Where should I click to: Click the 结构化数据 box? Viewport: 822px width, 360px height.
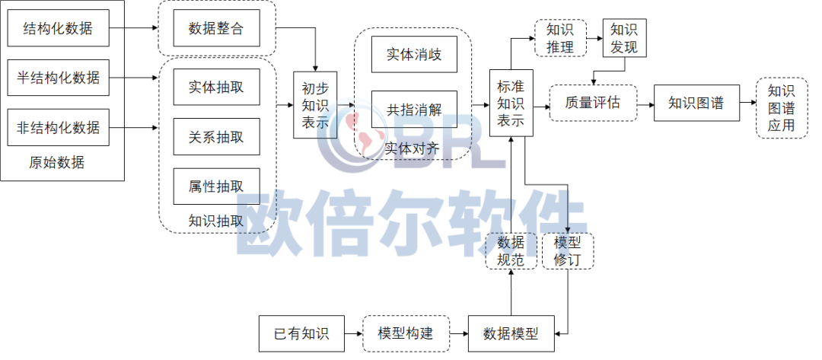click(58, 27)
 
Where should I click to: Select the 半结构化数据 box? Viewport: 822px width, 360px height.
click(58, 78)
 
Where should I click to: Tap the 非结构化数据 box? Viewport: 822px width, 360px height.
click(58, 127)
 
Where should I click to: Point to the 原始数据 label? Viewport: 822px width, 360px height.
click(56, 162)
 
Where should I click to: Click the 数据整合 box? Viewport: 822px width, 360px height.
click(216, 27)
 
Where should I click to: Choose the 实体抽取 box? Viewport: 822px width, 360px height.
click(216, 87)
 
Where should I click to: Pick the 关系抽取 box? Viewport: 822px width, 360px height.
click(216, 137)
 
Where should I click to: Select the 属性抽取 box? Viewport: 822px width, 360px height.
click(216, 186)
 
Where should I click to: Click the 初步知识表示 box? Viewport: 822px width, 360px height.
click(315, 105)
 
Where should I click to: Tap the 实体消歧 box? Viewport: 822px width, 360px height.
click(414, 54)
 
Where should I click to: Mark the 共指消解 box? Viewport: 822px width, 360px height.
click(414, 110)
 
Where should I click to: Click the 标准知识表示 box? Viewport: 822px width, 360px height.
click(511, 104)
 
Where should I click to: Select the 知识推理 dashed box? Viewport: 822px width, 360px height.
click(560, 38)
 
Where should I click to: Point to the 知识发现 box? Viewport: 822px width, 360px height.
click(624, 38)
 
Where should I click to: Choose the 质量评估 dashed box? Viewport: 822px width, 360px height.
click(593, 103)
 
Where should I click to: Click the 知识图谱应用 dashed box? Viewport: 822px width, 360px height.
click(782, 109)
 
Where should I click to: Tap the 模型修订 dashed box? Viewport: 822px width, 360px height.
click(569, 251)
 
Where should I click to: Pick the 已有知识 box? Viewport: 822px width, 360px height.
click(301, 333)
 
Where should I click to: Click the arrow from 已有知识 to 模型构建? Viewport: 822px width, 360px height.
click(354, 333)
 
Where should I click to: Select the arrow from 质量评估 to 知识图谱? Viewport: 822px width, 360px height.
click(646, 104)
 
